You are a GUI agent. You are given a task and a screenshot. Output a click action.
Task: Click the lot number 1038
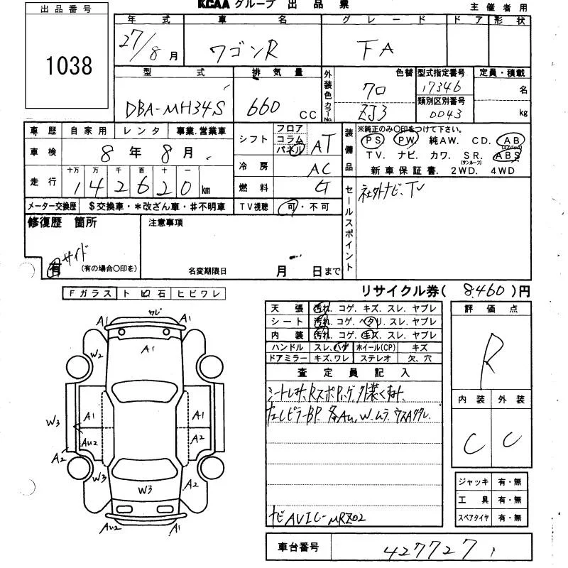[69, 66]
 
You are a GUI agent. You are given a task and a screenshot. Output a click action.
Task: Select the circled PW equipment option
[405, 141]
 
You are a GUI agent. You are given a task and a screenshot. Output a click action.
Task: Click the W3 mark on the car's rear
[146, 489]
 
